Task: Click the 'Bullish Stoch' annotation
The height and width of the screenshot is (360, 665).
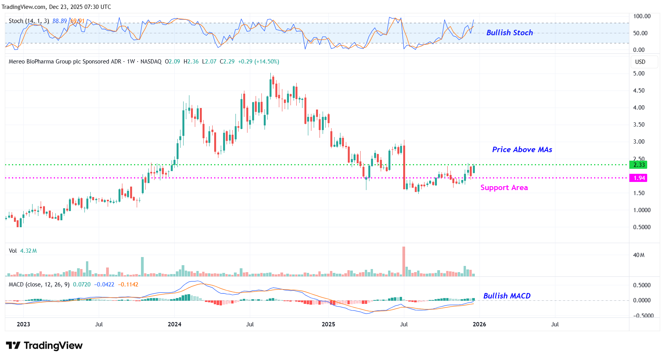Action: coord(509,33)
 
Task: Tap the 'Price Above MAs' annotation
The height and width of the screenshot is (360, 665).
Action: coord(522,150)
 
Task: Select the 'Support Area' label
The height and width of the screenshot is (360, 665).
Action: coord(504,188)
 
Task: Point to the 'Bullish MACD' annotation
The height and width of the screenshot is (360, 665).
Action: coord(507,296)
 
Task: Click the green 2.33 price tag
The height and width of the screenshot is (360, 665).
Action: coord(639,165)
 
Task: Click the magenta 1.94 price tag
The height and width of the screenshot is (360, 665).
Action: coord(639,178)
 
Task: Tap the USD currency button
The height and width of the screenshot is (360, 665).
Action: coord(640,62)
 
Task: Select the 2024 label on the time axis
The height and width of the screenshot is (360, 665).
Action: coord(174,324)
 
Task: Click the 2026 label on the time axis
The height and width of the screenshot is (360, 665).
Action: coord(479,324)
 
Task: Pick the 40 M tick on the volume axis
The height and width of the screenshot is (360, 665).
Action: coord(639,255)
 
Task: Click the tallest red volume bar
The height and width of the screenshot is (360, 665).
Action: coord(404,261)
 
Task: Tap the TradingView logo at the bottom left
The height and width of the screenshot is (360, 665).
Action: coord(44,345)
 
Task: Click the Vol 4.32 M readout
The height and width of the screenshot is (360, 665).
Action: coord(23,251)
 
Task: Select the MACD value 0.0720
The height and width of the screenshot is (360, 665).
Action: coord(82,285)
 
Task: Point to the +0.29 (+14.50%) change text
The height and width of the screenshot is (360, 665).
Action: coord(258,62)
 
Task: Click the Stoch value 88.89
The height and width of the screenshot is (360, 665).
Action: coord(60,21)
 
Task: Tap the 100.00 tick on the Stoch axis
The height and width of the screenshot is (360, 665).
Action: coord(641,16)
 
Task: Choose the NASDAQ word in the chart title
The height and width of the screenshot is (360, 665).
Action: coord(151,62)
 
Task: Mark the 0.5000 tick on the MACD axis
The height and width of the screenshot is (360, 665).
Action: coord(641,285)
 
